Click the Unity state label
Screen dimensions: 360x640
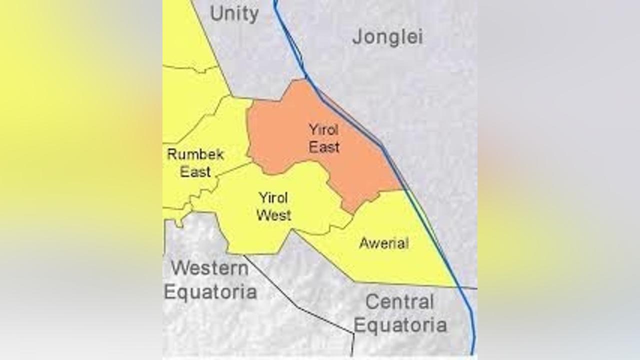coord(234,14)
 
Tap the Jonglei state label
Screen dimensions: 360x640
coord(387,37)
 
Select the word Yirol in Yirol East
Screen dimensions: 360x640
coord(323,130)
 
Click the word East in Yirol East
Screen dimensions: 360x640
coord(324,147)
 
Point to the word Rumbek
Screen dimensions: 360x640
coord(195,154)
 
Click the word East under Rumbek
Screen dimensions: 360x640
coord(195,172)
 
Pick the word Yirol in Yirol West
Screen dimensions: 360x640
coord(273,198)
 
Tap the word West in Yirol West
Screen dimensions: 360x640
coord(273,215)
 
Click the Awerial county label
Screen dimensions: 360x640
coord(384,243)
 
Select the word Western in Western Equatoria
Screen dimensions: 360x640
coord(209,268)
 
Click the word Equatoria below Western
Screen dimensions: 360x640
coord(210,291)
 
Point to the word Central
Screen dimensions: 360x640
coord(399,302)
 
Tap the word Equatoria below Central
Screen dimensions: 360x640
coord(400,325)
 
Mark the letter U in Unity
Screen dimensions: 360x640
coord(216,14)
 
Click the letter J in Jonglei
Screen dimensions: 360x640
coord(356,37)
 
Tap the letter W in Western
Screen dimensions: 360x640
coord(179,268)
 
